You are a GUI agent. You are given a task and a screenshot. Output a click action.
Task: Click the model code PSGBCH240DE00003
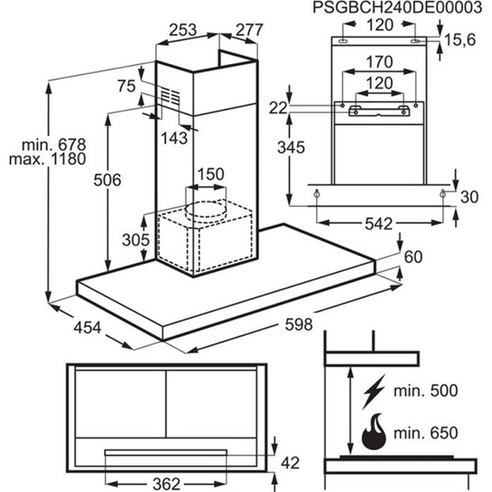pyautogui.click(x=397, y=8)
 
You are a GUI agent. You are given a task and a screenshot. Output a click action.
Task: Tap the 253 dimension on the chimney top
pyautogui.click(x=183, y=30)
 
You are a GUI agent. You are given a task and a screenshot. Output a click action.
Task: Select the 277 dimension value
pyautogui.click(x=249, y=30)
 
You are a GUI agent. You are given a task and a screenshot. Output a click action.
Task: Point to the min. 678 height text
pyautogui.click(x=54, y=145)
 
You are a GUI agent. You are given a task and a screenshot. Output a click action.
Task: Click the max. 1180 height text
pyautogui.click(x=48, y=159)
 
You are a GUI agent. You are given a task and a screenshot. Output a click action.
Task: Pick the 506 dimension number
pyautogui.click(x=107, y=180)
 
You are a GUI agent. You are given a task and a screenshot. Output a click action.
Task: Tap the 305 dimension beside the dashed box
pyautogui.click(x=136, y=240)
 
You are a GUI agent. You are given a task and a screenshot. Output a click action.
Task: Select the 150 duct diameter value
pyautogui.click(x=211, y=174)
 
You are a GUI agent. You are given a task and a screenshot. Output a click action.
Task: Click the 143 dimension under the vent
pyautogui.click(x=174, y=138)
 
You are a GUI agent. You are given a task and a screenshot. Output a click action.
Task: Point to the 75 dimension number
pyautogui.click(x=127, y=86)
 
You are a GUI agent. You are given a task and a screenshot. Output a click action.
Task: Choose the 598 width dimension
pyautogui.click(x=299, y=325)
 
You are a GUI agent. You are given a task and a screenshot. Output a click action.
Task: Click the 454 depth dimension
pyautogui.click(x=87, y=328)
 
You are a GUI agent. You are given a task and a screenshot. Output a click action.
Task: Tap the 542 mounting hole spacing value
pyautogui.click(x=379, y=224)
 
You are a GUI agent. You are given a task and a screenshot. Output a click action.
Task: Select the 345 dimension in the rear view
pyautogui.click(x=291, y=148)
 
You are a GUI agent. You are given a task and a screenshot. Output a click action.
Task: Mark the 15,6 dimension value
pyautogui.click(x=460, y=40)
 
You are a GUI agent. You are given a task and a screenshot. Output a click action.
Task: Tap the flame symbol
pyautogui.click(x=374, y=432)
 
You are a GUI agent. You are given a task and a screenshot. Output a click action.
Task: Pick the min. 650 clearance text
pyautogui.click(x=426, y=434)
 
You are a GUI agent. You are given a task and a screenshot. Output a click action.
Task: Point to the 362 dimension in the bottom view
pyautogui.click(x=166, y=483)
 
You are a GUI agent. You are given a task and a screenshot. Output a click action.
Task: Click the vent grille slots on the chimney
pyautogui.click(x=171, y=95)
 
